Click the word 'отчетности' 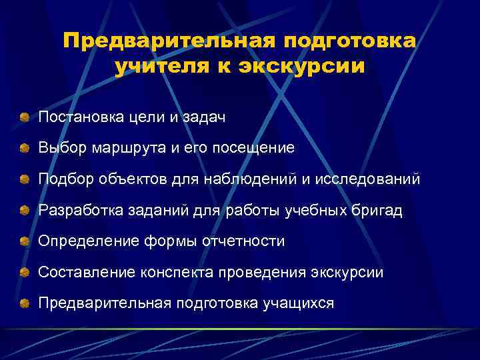[247, 241]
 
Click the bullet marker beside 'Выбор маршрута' [25, 149]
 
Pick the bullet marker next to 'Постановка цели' [25, 118]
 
